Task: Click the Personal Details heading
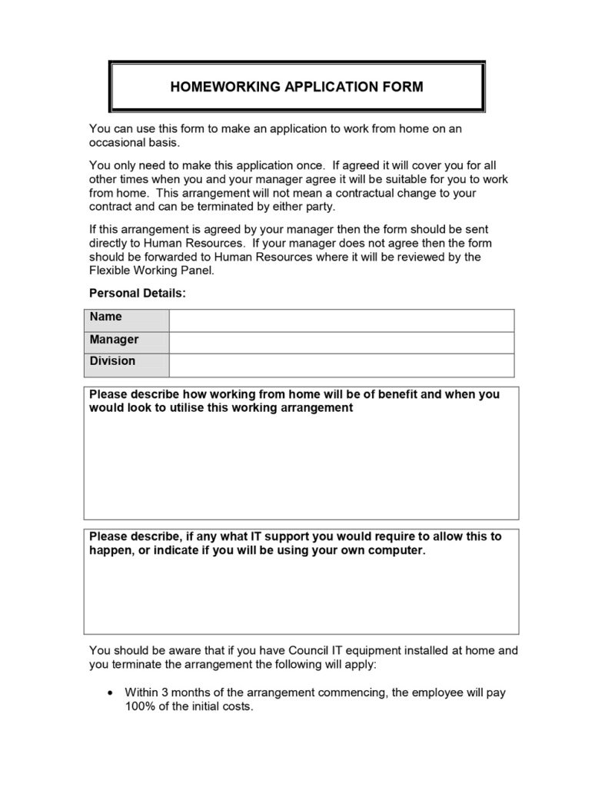click(138, 293)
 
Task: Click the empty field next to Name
click(341, 320)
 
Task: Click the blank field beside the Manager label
click(341, 343)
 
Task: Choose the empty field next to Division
click(341, 365)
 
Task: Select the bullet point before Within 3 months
click(109, 692)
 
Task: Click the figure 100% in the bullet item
click(139, 706)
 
